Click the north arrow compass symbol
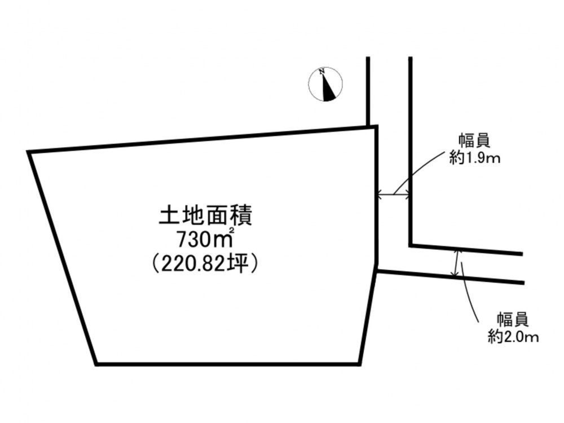pyautogui.click(x=325, y=84)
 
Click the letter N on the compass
pyautogui.click(x=323, y=71)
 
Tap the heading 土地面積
pyautogui.click(x=205, y=216)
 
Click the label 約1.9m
pyautogui.click(x=475, y=158)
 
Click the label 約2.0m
pyautogui.click(x=513, y=337)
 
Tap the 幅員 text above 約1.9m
pyautogui.click(x=474, y=142)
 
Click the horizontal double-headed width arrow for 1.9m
pyautogui.click(x=394, y=195)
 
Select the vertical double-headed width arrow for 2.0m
pyautogui.click(x=457, y=263)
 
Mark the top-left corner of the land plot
pyautogui.click(x=28, y=152)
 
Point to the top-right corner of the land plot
pyautogui.click(x=376, y=126)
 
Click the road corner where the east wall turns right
pyautogui.click(x=411, y=246)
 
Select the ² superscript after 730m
pyautogui.click(x=232, y=230)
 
